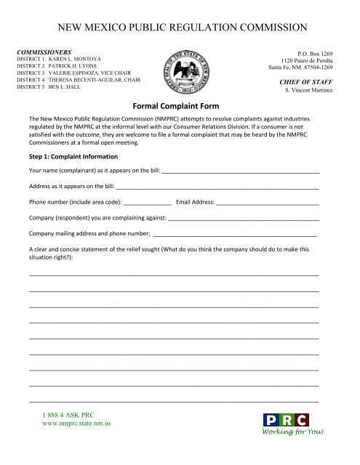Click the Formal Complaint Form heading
coord(180,105)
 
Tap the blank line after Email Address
coord(268,203)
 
